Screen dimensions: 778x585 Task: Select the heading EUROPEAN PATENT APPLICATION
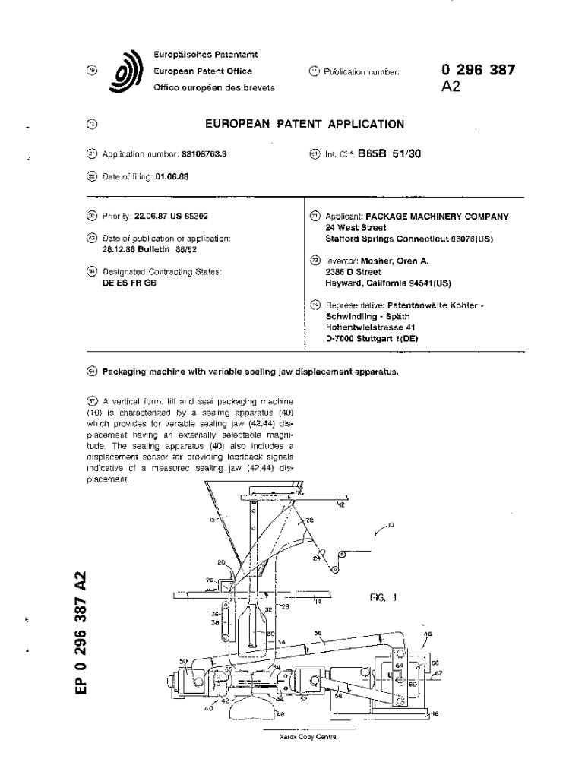click(305, 124)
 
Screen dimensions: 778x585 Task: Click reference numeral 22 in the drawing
click(310, 520)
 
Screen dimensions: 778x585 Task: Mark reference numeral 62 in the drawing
click(438, 672)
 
